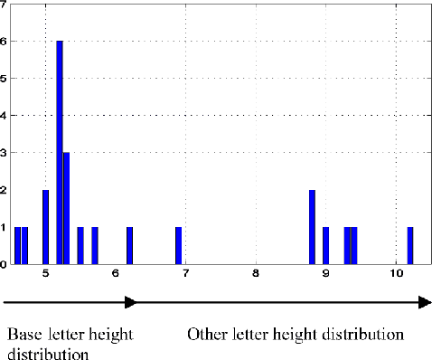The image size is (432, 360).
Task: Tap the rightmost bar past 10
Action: click(x=409, y=245)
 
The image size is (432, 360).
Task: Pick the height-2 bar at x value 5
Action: click(x=45, y=227)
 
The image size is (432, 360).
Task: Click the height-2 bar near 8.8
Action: click(x=312, y=227)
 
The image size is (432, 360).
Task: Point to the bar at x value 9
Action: click(x=325, y=245)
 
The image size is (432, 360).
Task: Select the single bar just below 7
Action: click(x=178, y=245)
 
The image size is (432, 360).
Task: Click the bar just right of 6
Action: click(x=129, y=245)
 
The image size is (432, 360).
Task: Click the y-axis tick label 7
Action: click(x=5, y=4)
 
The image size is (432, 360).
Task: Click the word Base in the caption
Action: click(x=23, y=335)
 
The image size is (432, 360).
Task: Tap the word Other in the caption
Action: click(x=208, y=335)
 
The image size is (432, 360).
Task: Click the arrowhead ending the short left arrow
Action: click(x=132, y=304)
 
